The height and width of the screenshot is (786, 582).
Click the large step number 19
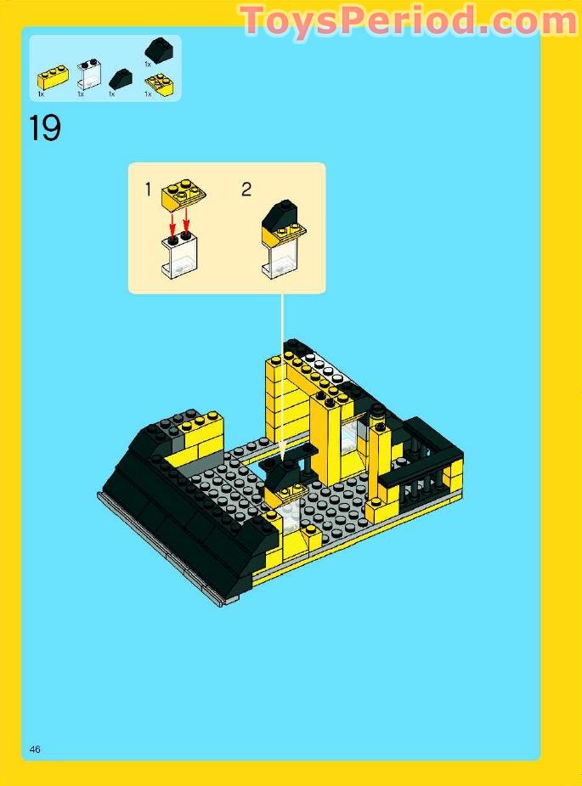point(45,128)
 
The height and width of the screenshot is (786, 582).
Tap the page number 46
point(35,749)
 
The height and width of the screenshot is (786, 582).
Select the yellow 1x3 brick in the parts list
point(53,79)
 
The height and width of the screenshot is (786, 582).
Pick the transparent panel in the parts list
point(88,76)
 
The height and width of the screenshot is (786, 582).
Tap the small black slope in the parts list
point(121,79)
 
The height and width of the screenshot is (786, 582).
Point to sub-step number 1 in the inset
point(148,189)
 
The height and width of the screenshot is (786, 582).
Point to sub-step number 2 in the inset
point(246,189)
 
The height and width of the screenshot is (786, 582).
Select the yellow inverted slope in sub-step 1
point(183,192)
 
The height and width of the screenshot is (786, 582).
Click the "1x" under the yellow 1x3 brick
point(41,93)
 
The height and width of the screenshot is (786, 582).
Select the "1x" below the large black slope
point(147,64)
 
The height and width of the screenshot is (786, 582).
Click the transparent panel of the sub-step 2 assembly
point(277,255)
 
